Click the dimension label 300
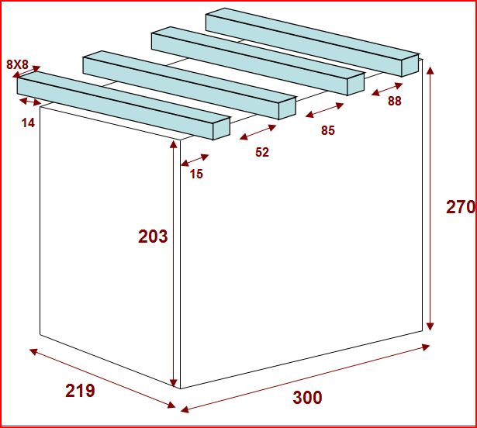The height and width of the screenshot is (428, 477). click(307, 398)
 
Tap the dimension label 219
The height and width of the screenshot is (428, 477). click(80, 391)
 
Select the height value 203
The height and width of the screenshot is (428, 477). click(153, 236)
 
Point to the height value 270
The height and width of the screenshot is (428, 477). click(461, 208)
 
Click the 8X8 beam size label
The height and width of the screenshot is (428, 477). click(17, 64)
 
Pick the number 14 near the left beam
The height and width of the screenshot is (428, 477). click(28, 123)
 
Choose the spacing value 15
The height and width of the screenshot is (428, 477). click(196, 174)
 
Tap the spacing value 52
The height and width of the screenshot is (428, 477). click(262, 152)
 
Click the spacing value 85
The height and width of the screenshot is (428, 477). click(328, 130)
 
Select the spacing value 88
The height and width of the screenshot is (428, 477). click(395, 101)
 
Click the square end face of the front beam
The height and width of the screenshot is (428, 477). click(221, 129)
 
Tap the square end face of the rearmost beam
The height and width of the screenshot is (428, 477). click(410, 65)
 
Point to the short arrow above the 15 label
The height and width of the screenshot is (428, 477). click(195, 160)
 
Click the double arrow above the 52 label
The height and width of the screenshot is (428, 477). click(258, 132)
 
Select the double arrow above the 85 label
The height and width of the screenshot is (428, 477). click(324, 110)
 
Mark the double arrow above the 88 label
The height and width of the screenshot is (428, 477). click(387, 89)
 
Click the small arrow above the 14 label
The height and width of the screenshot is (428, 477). click(30, 102)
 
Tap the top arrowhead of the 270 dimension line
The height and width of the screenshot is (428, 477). click(430, 71)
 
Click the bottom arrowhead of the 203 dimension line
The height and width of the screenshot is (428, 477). click(173, 383)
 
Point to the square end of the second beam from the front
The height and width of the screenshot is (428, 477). click(287, 108)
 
